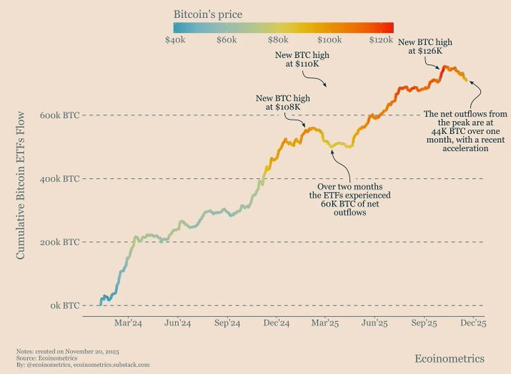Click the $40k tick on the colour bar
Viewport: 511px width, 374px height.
pyautogui.click(x=175, y=38)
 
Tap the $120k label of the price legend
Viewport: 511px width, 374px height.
pyautogui.click(x=381, y=38)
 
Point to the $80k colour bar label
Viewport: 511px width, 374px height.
pyautogui.click(x=278, y=38)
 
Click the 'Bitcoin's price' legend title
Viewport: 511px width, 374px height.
pyautogui.click(x=207, y=14)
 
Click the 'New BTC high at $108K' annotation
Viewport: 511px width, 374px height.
pyautogui.click(x=283, y=102)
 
